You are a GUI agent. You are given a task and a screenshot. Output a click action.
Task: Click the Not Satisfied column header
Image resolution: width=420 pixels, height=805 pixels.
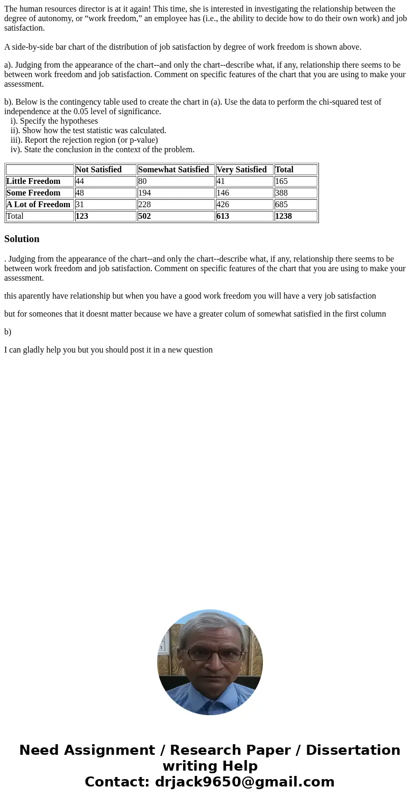point(98,170)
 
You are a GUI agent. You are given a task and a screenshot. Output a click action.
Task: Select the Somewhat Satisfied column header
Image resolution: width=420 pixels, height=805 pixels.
point(174,170)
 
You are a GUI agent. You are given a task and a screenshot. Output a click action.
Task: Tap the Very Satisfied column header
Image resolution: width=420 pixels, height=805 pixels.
point(241,170)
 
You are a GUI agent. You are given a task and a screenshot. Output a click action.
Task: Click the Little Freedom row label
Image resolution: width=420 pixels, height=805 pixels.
point(33,181)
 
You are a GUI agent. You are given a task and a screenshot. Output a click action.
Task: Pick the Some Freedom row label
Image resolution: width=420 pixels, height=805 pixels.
point(33,193)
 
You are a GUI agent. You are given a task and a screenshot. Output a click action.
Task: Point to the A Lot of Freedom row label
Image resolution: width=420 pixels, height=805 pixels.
point(38,205)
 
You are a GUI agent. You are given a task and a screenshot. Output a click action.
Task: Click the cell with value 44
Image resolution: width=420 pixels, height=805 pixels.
point(80,181)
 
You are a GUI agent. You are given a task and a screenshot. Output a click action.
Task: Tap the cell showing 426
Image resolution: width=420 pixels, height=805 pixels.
point(223,205)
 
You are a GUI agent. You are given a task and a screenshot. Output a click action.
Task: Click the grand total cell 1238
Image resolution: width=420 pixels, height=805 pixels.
point(284,216)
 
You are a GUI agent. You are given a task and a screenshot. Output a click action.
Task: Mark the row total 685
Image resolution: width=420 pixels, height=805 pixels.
point(281,205)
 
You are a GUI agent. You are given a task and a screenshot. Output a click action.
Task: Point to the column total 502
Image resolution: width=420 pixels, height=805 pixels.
point(144,216)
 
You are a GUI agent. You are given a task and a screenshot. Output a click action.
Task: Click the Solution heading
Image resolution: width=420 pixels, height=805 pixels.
point(22,239)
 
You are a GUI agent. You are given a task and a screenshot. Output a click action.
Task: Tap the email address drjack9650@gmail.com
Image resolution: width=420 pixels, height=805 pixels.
point(244,782)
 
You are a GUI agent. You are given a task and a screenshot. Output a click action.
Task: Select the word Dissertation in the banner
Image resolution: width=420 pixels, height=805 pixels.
point(353,751)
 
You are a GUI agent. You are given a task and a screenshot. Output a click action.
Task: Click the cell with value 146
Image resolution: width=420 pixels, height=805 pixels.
point(223,193)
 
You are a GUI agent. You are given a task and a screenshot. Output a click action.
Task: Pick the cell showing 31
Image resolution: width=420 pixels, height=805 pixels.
point(80,205)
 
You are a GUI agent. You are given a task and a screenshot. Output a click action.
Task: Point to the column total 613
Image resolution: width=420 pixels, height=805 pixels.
point(223,216)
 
